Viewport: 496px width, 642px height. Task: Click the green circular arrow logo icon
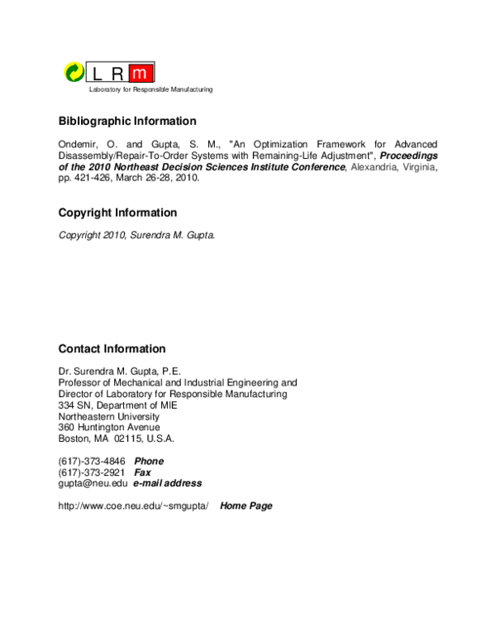(74, 73)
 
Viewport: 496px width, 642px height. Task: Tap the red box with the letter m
(143, 73)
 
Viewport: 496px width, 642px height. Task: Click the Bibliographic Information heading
(127, 121)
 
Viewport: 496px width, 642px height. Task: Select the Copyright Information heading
(117, 213)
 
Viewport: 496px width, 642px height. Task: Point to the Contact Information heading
(112, 349)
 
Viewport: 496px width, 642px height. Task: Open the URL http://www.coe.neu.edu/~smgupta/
(133, 505)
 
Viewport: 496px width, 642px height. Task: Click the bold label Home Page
(246, 505)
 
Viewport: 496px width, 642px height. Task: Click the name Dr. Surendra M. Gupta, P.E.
(119, 372)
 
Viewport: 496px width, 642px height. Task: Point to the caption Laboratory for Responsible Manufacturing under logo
(145, 89)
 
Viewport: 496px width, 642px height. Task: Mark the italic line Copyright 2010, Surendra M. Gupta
(136, 235)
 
